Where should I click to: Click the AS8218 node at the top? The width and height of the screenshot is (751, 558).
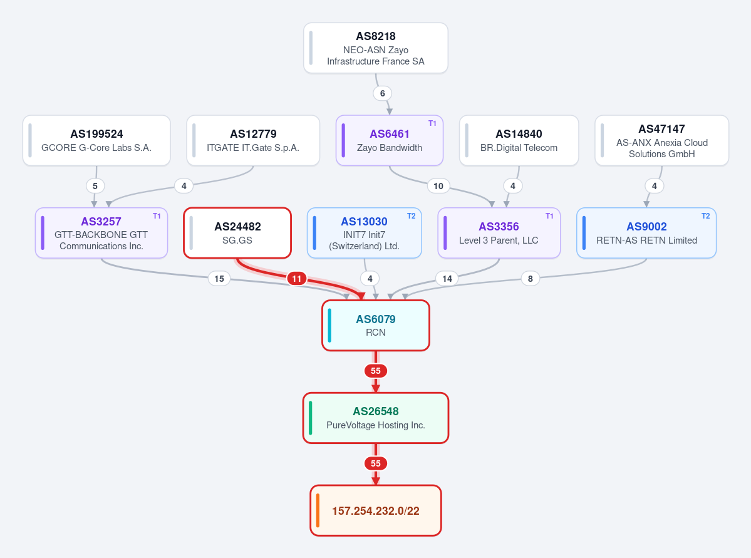(x=376, y=48)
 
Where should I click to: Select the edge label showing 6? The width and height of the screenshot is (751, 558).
(x=382, y=93)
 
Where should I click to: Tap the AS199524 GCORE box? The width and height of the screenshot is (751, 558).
(x=96, y=140)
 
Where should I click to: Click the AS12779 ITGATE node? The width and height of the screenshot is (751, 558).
(x=253, y=140)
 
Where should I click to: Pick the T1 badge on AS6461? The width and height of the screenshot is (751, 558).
(x=432, y=123)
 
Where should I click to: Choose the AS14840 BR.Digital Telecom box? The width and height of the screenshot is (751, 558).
(x=519, y=140)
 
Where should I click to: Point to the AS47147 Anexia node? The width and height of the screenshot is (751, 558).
(x=661, y=140)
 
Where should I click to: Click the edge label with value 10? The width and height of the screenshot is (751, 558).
(x=438, y=186)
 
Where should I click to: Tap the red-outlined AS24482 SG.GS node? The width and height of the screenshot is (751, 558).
(x=237, y=233)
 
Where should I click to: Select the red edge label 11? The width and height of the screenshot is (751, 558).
(x=297, y=279)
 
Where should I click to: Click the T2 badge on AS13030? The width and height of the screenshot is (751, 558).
(x=411, y=216)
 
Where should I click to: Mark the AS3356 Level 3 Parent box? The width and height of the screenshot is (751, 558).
(x=499, y=233)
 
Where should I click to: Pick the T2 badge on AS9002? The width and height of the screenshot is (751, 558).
(x=705, y=216)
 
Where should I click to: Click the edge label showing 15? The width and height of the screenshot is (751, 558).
(x=219, y=279)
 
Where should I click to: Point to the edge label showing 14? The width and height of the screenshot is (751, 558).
(x=447, y=279)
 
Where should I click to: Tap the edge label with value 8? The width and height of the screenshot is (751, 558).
(x=530, y=279)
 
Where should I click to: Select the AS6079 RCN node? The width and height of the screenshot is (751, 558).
(x=376, y=325)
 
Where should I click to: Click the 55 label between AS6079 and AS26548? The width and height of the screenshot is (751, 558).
(x=376, y=371)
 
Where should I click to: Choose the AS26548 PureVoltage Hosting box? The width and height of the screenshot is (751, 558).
(x=376, y=418)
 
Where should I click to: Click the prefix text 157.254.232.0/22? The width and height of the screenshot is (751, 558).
(x=376, y=511)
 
